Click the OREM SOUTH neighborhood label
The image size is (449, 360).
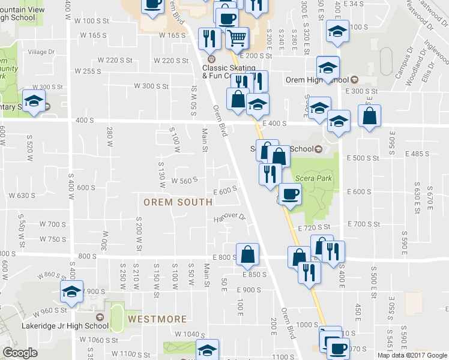(178, 202)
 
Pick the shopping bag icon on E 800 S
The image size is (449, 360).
(247, 254)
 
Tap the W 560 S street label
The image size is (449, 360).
(185, 181)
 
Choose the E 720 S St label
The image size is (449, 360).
(315, 227)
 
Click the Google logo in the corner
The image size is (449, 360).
(20, 353)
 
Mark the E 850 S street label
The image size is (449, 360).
(255, 274)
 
